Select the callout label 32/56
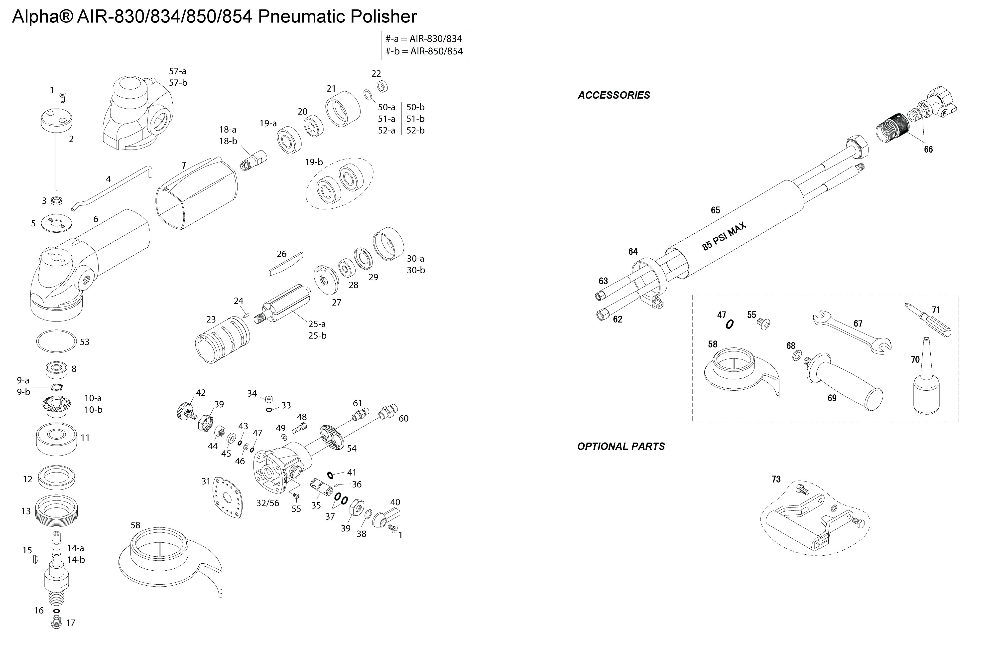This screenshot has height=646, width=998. (267, 503)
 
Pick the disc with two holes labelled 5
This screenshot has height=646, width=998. (56, 223)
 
